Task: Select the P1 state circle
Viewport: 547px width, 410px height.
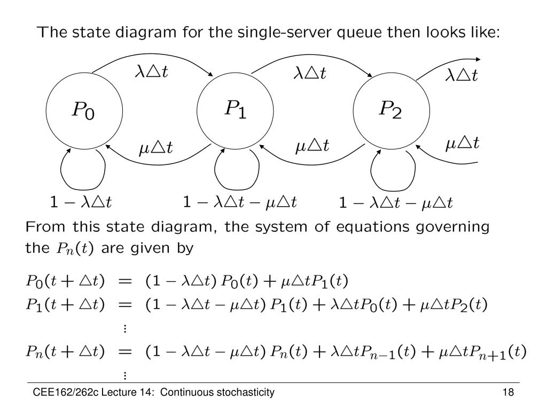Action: coord(236,111)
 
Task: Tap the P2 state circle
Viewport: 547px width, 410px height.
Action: coord(391,111)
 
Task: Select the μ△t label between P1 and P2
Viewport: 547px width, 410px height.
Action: coord(312,145)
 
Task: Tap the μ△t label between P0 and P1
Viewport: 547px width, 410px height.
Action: coord(156,147)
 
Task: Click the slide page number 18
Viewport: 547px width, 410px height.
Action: coord(507,393)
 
